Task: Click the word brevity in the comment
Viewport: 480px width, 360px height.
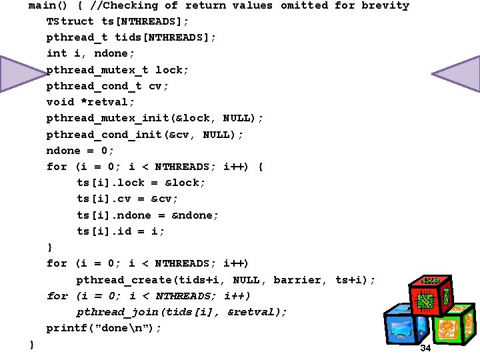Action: (x=385, y=6)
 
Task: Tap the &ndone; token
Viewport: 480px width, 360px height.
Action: (x=195, y=215)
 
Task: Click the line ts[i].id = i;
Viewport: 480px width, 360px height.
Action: (x=121, y=231)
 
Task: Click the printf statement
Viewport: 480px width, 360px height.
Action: (x=104, y=328)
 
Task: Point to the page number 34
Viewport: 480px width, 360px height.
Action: (x=425, y=348)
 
